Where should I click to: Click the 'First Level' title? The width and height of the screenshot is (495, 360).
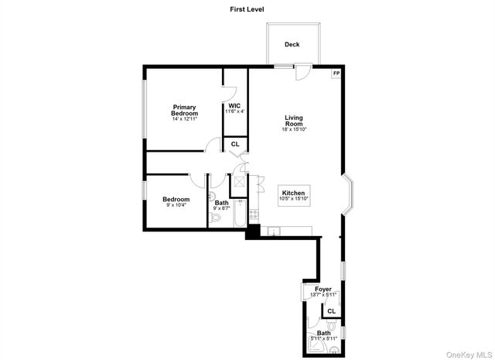click(247, 9)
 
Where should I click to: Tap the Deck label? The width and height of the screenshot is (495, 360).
click(292, 45)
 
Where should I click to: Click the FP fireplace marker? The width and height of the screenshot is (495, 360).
click(336, 74)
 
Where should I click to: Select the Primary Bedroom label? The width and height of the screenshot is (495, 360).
click(184, 111)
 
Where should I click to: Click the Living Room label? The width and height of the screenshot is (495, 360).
click(293, 120)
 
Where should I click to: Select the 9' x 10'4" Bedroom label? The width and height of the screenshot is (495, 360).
click(176, 202)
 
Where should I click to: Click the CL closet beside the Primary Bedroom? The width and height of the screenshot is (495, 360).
click(235, 145)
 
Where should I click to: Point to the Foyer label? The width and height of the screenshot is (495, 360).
click(323, 290)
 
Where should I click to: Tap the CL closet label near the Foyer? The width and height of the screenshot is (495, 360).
click(331, 310)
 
